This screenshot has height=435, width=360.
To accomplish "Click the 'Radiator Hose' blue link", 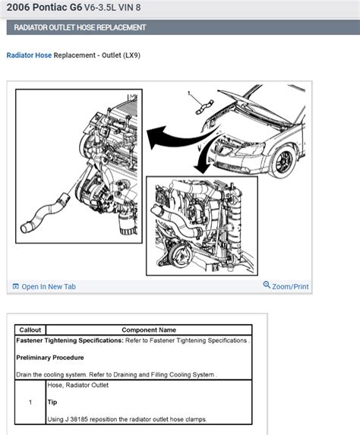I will tap(29, 55).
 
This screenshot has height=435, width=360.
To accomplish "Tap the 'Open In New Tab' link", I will tap(48, 286).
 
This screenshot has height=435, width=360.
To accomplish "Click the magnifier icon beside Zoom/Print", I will tap(267, 285).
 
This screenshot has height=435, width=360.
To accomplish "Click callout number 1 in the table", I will tap(30, 402).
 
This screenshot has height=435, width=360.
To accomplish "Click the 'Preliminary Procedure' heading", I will tap(50, 357).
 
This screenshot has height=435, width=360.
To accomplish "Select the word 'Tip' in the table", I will tap(53, 402).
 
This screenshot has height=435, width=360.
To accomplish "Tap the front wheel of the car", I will tap(286, 160).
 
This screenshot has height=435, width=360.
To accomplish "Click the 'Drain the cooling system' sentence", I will tap(56, 374).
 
